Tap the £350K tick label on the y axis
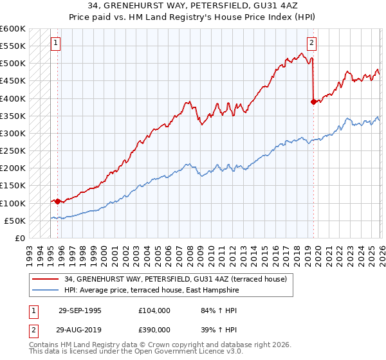point(13,116)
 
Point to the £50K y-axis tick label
point(15,221)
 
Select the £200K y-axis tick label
point(13,168)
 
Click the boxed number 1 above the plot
point(56,44)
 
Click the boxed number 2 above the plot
point(311,44)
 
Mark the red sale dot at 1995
point(58,201)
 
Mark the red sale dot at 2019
point(313,102)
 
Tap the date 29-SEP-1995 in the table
point(80,310)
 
